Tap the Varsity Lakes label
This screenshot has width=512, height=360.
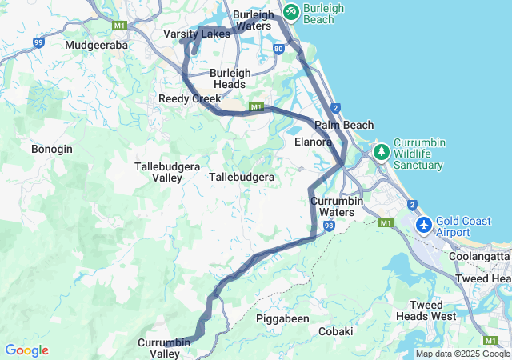(197, 34)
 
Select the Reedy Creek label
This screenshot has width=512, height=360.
(190, 98)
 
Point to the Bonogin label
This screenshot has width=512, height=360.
(52, 149)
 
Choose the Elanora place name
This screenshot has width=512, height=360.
(313, 142)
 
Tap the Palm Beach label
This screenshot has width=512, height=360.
(344, 125)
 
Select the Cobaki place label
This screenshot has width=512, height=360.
(336, 331)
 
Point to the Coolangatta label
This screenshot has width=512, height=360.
(480, 256)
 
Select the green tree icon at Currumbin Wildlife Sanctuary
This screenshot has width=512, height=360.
(382, 151)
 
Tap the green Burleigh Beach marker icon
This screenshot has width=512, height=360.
(290, 12)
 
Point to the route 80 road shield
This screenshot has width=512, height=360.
(278, 49)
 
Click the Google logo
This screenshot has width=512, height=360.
(26, 350)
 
